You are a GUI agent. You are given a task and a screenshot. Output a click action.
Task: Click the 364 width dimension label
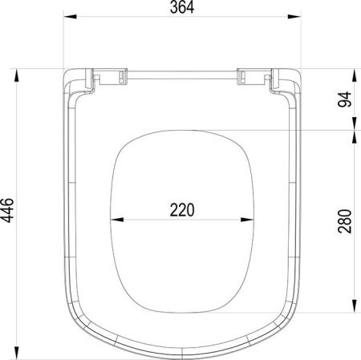182,7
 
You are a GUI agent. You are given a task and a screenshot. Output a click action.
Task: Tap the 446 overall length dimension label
7,210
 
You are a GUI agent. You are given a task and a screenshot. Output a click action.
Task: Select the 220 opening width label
182,210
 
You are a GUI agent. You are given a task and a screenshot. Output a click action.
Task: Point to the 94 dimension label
345,99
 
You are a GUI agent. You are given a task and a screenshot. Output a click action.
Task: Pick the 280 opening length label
345,221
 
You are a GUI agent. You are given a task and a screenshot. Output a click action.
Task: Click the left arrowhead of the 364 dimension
70,17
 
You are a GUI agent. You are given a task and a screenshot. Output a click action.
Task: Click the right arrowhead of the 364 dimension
294,17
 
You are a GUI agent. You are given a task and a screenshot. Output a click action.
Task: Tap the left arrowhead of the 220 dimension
117,220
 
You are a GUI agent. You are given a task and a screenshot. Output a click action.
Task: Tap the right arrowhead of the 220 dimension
247,220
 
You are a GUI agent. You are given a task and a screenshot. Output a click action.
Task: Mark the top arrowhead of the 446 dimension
17,75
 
